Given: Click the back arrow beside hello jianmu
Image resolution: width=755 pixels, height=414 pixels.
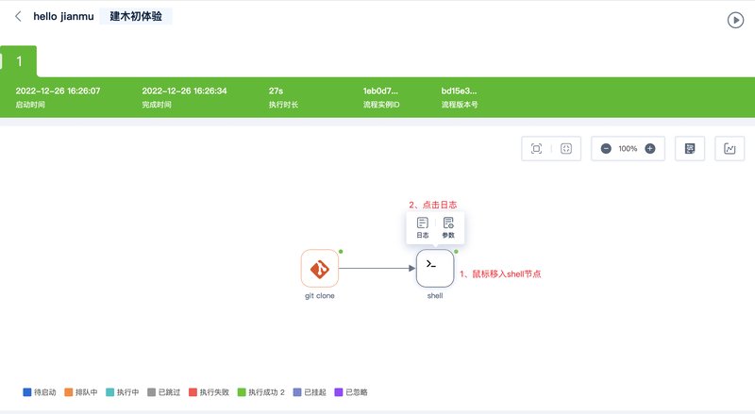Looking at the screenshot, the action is pos(18,16).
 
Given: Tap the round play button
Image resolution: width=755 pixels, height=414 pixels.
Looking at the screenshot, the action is pos(735,20).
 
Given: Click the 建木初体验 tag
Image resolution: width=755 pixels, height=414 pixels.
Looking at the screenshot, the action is pos(136,16).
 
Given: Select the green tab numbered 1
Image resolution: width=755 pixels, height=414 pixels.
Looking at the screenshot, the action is pos(19,61).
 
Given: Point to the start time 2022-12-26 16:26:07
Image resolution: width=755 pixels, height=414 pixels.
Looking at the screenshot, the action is pos(58,91).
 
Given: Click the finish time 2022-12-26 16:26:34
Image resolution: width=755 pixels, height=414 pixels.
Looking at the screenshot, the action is pos(184,91).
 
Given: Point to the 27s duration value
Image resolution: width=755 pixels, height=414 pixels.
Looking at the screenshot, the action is pos(276,91).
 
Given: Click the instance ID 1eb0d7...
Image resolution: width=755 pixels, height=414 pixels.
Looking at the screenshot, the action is pos(380,91).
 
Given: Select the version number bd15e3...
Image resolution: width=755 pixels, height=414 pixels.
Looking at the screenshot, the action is pos(459,91).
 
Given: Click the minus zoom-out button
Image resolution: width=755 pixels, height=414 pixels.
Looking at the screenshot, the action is pos(606,149).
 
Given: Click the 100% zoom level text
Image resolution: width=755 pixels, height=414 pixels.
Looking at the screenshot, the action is pos(628,149).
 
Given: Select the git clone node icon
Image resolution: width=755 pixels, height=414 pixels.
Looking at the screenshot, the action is pos(320,268).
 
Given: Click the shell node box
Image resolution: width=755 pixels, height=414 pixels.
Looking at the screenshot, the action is pos(435,268).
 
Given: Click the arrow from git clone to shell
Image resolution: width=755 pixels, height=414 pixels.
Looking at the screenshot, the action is pos(377,268).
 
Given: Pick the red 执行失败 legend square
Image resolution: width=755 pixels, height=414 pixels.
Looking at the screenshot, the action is pos(193,392).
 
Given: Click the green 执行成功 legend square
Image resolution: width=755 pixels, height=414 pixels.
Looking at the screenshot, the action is pos(242,392).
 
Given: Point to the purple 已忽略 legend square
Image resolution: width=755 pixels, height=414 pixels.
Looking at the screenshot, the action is pos(339,392).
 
